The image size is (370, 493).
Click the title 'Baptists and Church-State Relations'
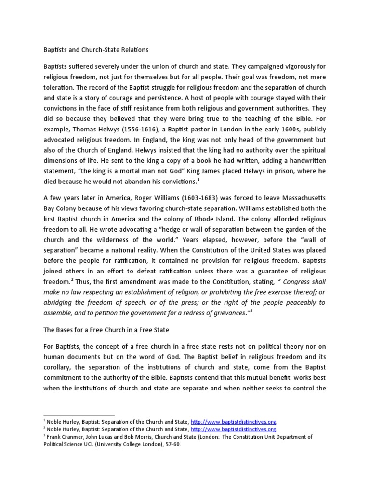95,50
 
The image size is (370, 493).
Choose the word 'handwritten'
304,161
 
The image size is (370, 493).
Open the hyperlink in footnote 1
234,420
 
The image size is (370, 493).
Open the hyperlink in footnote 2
234,429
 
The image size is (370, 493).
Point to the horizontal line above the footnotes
79,415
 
